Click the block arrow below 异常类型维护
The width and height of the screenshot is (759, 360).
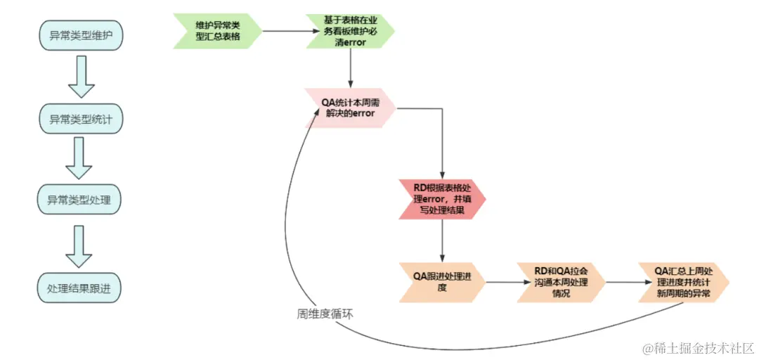[x=81, y=77]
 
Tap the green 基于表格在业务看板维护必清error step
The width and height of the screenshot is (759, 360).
[x=350, y=31]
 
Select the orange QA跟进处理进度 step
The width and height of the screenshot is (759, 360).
[x=442, y=282]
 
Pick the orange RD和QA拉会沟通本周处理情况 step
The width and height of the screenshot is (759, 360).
[x=561, y=282]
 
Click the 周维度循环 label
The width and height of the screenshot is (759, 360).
[x=325, y=314]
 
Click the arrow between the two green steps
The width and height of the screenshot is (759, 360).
[x=285, y=31]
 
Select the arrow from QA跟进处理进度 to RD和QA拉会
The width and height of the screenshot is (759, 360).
[x=500, y=282]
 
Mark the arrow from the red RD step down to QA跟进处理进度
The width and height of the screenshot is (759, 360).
[x=442, y=239]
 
